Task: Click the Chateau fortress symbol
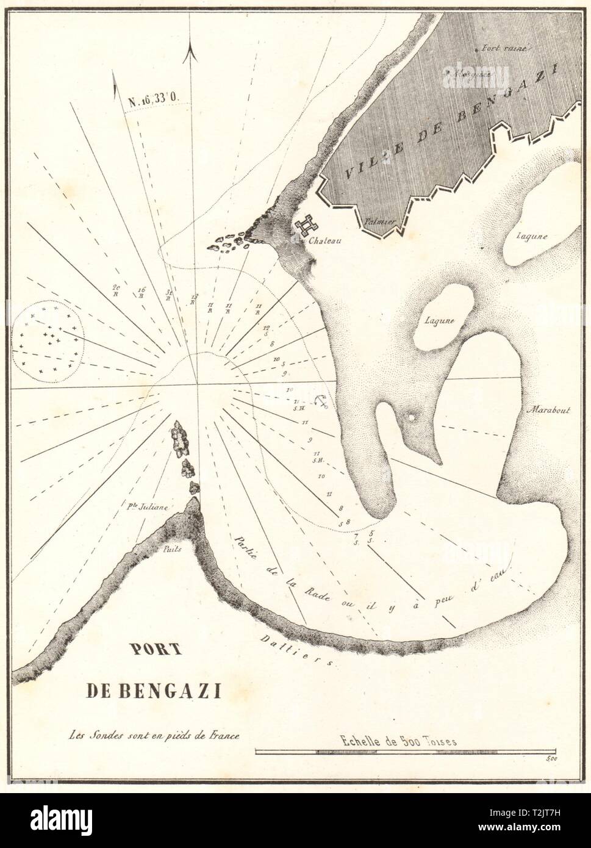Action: coord(303,226)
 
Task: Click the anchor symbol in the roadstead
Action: coord(321,401)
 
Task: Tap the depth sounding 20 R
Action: coord(116,290)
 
